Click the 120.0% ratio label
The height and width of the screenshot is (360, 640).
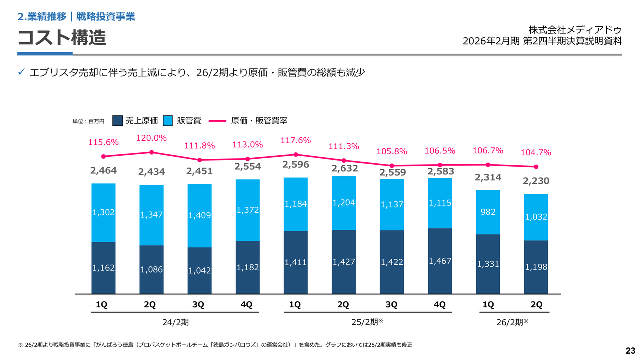point(151,138)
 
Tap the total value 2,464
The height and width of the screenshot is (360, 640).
point(103,170)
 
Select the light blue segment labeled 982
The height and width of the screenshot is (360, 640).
point(488,212)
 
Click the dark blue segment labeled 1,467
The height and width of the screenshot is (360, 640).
point(440,261)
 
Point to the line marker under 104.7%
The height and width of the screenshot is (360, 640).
point(536,167)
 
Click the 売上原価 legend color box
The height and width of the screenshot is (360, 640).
point(118,121)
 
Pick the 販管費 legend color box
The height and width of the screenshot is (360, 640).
point(168,121)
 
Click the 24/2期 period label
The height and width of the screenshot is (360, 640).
point(175,322)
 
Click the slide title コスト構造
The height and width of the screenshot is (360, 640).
point(62,38)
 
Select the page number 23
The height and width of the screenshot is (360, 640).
point(630,350)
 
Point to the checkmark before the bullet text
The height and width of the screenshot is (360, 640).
point(22,73)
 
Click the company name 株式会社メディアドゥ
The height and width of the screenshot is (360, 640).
point(575,30)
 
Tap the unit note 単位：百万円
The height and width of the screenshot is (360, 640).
point(89,121)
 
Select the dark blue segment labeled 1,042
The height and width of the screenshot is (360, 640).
point(199,270)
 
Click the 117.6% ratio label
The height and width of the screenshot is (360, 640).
point(296,140)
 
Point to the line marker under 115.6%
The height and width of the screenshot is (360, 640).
point(103,157)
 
